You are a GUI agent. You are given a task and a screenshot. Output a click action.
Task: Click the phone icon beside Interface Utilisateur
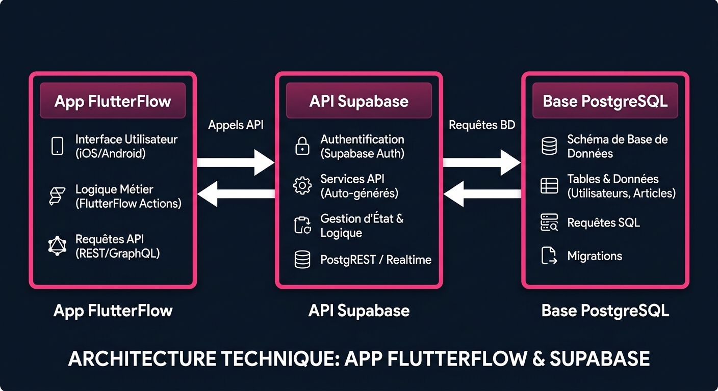57,146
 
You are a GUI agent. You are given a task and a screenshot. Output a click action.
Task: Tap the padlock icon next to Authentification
302,146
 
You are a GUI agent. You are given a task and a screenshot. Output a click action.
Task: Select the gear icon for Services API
302,185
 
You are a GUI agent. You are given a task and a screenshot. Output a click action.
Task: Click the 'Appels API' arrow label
236,125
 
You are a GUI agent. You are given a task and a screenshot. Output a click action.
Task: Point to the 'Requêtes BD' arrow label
482,125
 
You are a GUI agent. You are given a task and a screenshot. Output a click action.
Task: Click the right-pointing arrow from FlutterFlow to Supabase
236,162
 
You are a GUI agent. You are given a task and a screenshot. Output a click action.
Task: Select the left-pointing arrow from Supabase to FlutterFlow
236,194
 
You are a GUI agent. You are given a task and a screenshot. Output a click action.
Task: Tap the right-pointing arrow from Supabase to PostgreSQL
482,162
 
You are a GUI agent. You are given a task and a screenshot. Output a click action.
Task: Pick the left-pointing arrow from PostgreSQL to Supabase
482,194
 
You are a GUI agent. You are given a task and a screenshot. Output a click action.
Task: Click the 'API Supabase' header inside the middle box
358,101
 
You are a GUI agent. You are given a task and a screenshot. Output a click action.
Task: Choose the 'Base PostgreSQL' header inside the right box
605,101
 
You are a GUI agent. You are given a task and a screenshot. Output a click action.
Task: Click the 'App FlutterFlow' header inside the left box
113,101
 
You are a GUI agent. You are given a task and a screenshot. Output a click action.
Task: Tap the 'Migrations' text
595,256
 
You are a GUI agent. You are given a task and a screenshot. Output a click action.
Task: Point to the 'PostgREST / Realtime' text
376,260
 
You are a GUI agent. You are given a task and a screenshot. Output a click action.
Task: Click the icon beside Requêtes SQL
549,223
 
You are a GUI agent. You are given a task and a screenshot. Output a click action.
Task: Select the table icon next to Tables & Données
549,186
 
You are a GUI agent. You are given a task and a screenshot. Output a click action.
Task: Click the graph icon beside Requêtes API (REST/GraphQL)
57,246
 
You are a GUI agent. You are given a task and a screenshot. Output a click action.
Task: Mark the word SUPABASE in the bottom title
599,359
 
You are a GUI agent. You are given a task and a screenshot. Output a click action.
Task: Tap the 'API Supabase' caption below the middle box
358,311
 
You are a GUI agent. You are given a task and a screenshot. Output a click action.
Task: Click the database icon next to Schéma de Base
549,146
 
